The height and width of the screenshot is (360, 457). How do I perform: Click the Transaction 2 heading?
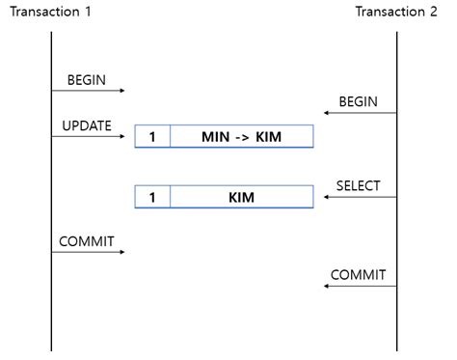[396, 12]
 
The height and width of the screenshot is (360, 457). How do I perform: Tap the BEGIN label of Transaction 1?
[87, 78]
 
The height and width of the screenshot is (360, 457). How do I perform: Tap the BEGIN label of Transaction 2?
[358, 101]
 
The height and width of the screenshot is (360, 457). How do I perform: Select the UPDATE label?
[87, 125]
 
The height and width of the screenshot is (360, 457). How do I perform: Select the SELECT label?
[358, 185]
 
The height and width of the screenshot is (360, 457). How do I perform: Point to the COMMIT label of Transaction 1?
[86, 240]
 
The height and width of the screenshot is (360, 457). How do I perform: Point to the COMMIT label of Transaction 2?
[358, 275]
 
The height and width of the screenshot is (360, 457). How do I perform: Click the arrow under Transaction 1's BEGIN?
[89, 91]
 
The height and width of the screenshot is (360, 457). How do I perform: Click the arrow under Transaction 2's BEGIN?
[360, 114]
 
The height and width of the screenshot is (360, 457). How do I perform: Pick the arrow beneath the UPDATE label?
[89, 137]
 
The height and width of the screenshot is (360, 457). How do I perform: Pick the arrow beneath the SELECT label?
[360, 198]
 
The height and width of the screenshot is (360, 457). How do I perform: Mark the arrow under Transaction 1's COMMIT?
[89, 252]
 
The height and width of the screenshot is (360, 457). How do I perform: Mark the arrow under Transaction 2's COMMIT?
[360, 287]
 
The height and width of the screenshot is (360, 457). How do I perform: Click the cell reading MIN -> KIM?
[241, 136]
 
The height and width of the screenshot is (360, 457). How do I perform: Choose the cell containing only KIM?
[241, 197]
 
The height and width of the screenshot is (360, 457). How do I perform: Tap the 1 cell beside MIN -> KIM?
[152, 136]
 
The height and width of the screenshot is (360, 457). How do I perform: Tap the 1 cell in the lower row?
[152, 197]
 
